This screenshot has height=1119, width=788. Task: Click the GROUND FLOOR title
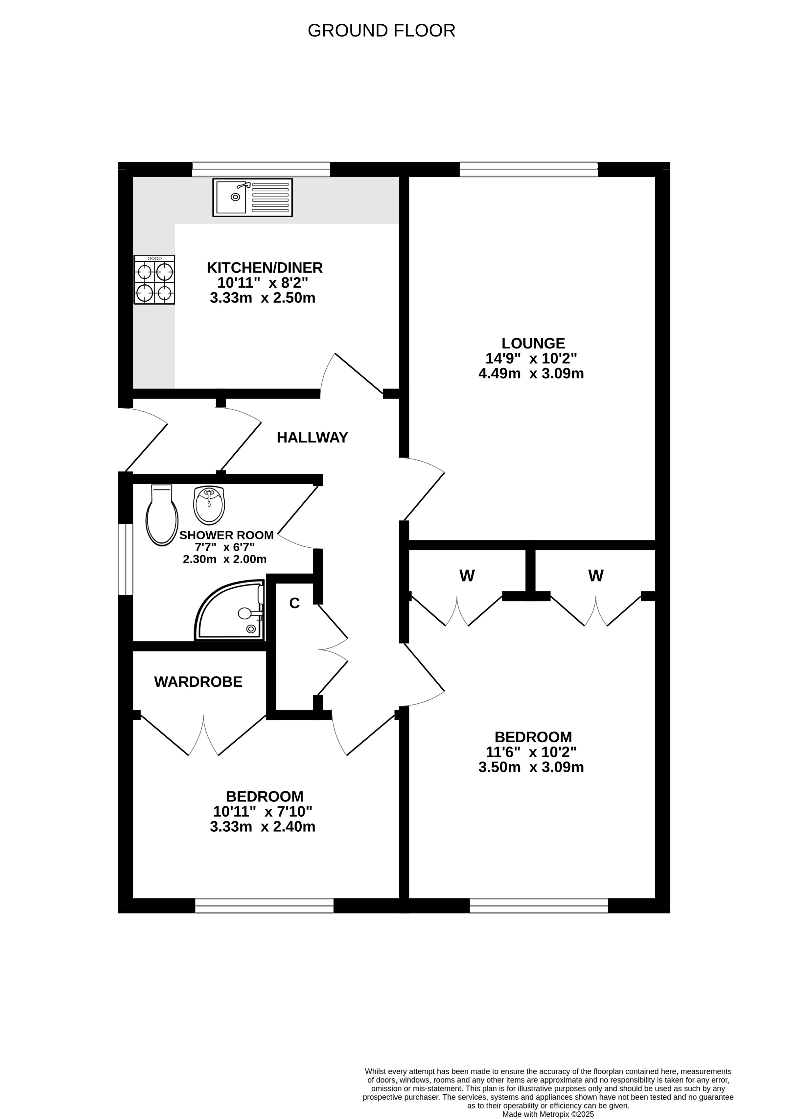tap(381, 31)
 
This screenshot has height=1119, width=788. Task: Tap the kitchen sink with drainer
tap(252, 197)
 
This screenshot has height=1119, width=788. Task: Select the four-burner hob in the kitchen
tap(154, 280)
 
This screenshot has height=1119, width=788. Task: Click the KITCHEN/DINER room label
tap(265, 268)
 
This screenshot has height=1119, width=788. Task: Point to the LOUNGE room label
tap(533, 343)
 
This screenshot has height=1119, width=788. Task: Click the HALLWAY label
tap(313, 438)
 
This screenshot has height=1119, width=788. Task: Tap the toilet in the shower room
tap(162, 515)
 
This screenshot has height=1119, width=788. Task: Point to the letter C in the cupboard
tap(294, 603)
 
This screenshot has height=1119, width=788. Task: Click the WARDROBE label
tap(198, 682)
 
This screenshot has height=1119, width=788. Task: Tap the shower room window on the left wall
tap(126, 559)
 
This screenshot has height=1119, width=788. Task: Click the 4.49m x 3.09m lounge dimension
tap(531, 374)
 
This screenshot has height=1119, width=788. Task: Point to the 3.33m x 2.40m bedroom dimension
tap(263, 827)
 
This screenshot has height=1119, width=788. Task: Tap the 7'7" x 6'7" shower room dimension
tap(225, 547)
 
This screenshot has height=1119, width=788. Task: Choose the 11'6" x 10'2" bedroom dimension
tap(531, 752)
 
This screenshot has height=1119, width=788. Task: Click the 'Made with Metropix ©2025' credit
tap(548, 1114)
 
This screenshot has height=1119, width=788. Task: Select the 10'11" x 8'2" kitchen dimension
tap(263, 283)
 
